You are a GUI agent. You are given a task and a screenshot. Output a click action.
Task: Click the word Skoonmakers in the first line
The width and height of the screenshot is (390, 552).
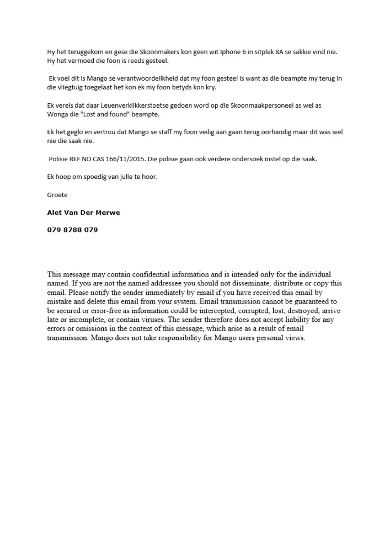coord(142,52)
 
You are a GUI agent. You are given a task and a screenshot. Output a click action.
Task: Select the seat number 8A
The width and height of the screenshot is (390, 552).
coord(267,52)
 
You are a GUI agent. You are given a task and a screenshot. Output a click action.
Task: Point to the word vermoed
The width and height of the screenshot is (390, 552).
coord(78,61)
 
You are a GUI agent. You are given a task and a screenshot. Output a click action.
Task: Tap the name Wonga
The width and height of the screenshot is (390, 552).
coord(57,114)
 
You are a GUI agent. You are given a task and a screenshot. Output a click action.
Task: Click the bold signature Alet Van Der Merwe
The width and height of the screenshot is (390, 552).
coord(83,213)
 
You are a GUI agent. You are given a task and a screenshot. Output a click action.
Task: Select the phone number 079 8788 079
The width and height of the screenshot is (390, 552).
coord(72,230)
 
